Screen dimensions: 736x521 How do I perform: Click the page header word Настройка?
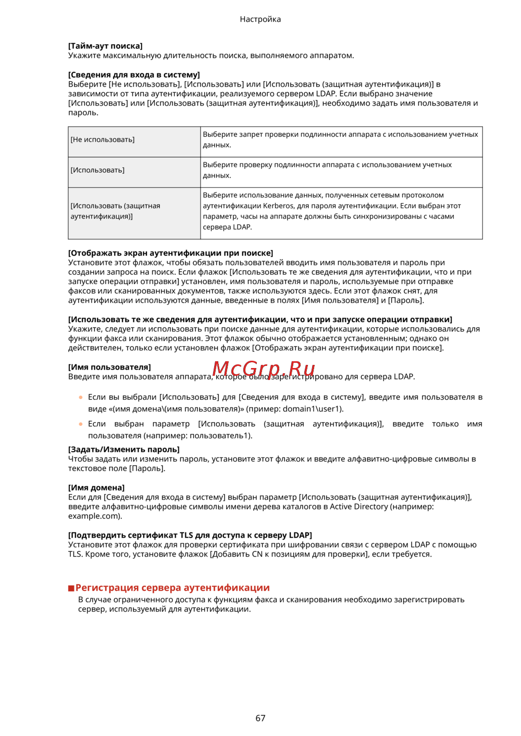260,19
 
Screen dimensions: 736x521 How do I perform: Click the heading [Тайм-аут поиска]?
105,46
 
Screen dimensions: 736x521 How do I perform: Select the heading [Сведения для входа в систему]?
134,74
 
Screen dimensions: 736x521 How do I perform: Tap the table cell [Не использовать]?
103,139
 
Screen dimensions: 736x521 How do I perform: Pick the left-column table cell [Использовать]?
97,170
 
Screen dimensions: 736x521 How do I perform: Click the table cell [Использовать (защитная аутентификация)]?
115,211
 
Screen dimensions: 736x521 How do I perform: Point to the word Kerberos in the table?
279,206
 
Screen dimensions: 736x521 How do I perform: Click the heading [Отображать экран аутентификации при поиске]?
170,253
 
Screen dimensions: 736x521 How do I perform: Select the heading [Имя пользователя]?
109,367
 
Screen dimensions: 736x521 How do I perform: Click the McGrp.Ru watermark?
264,369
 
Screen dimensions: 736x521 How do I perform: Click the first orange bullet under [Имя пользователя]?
81,397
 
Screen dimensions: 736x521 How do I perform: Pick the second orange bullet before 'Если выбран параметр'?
81,424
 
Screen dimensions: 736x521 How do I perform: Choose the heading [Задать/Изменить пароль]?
123,449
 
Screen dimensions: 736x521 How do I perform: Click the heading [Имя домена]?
96,488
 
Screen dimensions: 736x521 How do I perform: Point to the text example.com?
93,516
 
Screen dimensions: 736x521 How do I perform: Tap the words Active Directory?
358,506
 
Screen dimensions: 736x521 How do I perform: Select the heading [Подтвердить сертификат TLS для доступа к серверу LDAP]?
190,535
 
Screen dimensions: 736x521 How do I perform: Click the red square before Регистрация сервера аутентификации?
71,588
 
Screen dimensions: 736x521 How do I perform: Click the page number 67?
260,718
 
